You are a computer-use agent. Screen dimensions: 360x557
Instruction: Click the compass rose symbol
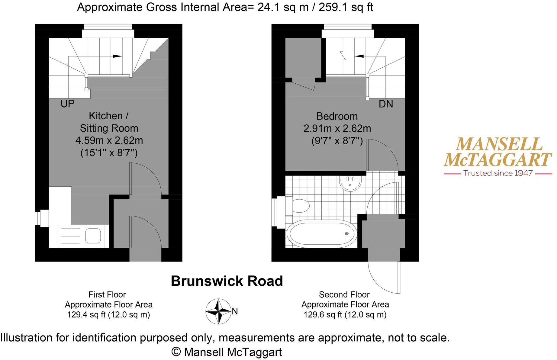(x=218, y=311)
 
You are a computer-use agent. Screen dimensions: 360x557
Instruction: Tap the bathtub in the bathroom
(x=322, y=234)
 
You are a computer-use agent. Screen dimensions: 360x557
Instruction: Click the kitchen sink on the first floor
(x=93, y=236)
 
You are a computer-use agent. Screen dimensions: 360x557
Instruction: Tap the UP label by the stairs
(x=67, y=104)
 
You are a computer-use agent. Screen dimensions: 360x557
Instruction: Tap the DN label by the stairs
(x=386, y=104)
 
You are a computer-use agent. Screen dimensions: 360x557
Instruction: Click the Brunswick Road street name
(x=227, y=281)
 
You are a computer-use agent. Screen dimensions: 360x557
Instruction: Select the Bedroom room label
(x=337, y=116)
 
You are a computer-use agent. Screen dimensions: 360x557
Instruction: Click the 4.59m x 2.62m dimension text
(x=109, y=140)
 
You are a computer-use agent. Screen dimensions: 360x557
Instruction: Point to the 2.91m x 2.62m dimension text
(x=337, y=129)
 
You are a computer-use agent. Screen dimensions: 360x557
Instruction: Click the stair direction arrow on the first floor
(x=117, y=56)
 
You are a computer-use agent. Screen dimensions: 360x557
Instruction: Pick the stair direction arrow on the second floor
(x=359, y=56)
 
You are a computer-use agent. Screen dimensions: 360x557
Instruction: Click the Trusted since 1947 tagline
(x=498, y=173)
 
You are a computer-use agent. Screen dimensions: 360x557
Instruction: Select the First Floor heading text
(x=107, y=294)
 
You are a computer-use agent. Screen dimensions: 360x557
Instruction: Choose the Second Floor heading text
(x=344, y=294)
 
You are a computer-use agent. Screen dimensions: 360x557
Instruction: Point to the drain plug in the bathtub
(x=346, y=233)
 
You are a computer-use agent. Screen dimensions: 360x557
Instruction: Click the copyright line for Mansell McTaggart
(x=227, y=352)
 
